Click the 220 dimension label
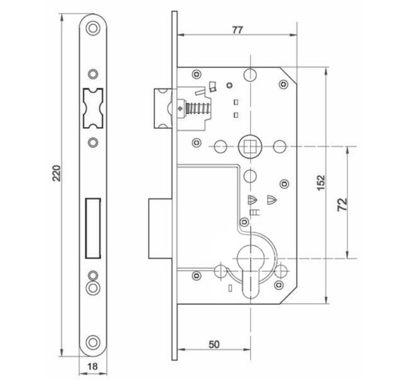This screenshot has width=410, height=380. pos(57,173)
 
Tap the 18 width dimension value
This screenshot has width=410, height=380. pos(93,366)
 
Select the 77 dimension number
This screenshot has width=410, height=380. pos(238,30)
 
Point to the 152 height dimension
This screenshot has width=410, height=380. pos(321,183)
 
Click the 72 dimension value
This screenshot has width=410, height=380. pos(342,204)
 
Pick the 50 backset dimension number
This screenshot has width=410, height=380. pos(214,344)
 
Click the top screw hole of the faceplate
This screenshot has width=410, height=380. pos(93,28)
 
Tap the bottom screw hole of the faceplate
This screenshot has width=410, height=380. pos(93,342)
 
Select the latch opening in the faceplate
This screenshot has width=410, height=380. pos(93,109)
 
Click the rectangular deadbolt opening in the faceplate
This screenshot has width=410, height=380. pos(93,229)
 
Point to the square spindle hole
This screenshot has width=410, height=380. pos(250,147)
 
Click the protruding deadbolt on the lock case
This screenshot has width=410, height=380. pos(160,229)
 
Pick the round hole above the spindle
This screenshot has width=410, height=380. pos(250,75)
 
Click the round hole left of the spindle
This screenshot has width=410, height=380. pos(220,147)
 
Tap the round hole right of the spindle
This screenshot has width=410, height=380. pos(279,147)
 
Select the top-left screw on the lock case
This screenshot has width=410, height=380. pos(197,74)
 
